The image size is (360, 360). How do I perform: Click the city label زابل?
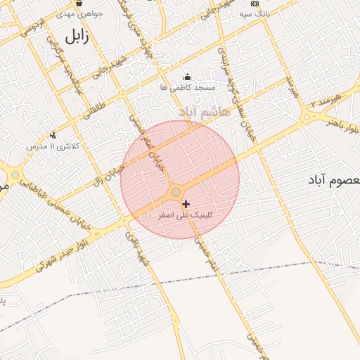coord(77,37)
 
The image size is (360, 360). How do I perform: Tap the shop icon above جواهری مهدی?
coord(79,4)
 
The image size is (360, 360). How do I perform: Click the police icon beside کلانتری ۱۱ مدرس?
coord(52,135)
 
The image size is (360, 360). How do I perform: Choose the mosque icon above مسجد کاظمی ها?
coord(186,77)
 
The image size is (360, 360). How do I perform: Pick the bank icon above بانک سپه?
coord(255,4)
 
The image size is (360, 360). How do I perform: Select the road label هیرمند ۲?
coord(328,96)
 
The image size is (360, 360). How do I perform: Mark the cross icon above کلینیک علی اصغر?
coord(186,204)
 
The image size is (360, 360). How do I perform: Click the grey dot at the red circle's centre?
coord(176,192)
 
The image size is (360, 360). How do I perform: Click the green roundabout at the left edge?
coord(15,174)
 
